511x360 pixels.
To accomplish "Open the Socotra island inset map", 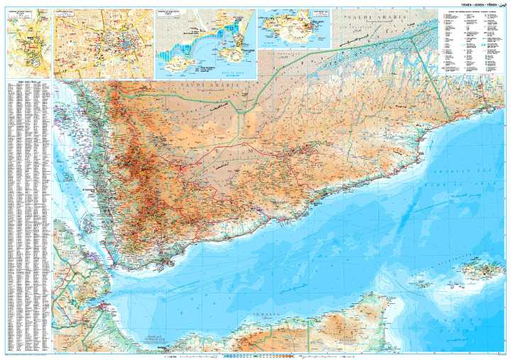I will (x=295, y=28).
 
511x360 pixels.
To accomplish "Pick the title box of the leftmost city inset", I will (x=21, y=13).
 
